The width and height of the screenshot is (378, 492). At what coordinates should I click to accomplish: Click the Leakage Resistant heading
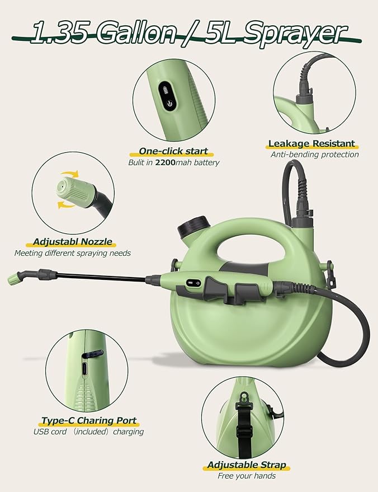coord(311,144)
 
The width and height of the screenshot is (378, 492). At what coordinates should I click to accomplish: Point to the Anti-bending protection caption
coord(314,154)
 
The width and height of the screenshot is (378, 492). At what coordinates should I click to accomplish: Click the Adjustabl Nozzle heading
coord(72,242)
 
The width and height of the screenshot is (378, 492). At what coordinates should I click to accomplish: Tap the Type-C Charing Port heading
coord(88,420)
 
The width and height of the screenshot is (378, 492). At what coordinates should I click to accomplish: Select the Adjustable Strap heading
coord(247,465)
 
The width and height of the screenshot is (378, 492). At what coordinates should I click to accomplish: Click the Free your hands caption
coord(246,476)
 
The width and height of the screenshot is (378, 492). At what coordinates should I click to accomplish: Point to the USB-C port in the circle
coord(84,369)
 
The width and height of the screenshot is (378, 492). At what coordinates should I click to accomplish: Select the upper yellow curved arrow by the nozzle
coord(68,175)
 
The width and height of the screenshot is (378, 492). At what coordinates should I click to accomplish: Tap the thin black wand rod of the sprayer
coord(101,277)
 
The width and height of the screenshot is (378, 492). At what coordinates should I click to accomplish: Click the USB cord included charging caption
coord(88,432)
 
